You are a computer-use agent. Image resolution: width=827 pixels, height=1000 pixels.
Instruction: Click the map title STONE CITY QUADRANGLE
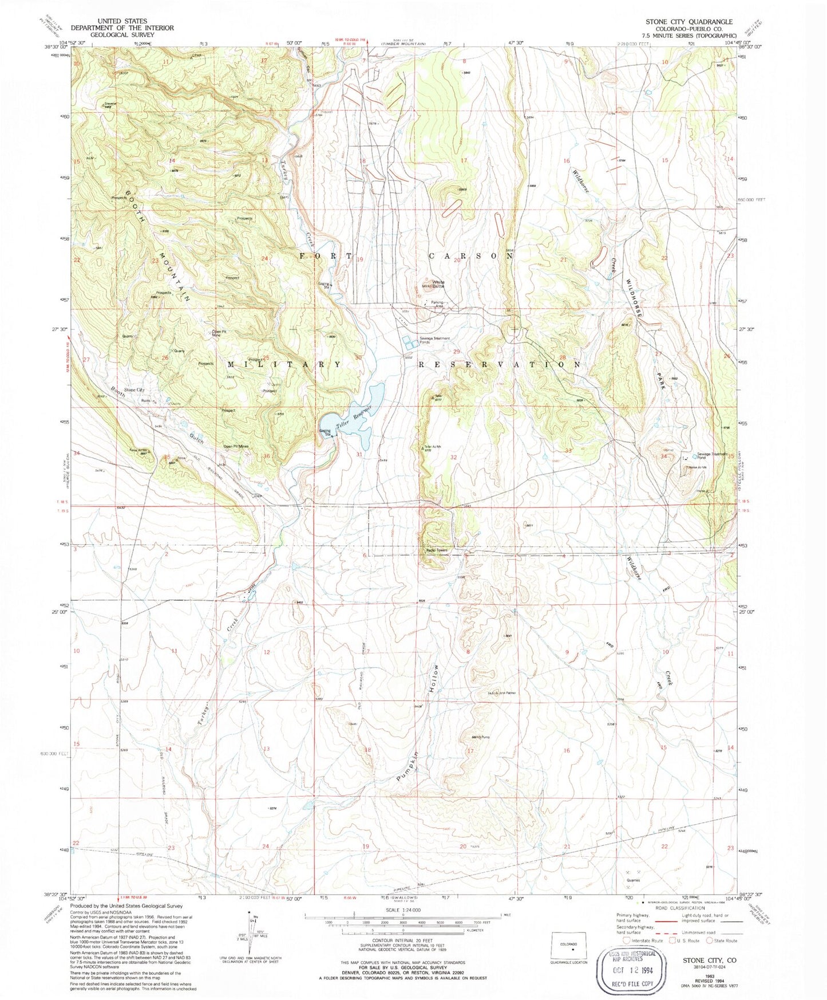point(689,22)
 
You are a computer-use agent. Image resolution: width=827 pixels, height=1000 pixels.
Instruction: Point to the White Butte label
point(438,283)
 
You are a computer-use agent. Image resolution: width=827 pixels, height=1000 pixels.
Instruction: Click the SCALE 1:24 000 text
point(403,910)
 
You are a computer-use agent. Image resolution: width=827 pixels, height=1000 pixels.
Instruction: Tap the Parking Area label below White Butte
point(442,305)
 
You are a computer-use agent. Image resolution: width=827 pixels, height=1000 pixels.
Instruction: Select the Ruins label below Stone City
point(145,401)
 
